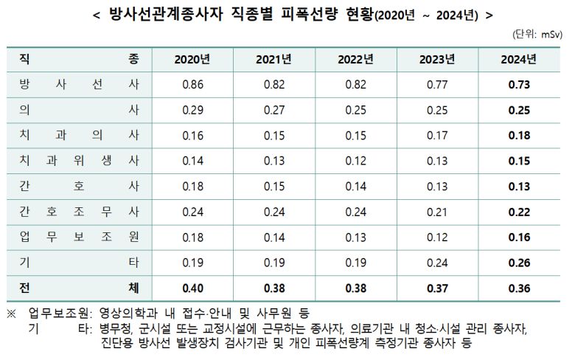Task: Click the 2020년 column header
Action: (192, 59)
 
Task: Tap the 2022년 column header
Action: (356, 59)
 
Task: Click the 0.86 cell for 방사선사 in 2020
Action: (192, 85)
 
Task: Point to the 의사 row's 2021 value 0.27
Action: (274, 110)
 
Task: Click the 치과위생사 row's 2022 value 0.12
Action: (356, 161)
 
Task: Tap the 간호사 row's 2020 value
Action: (192, 187)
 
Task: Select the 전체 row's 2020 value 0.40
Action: (192, 288)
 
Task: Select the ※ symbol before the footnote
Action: (11, 314)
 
